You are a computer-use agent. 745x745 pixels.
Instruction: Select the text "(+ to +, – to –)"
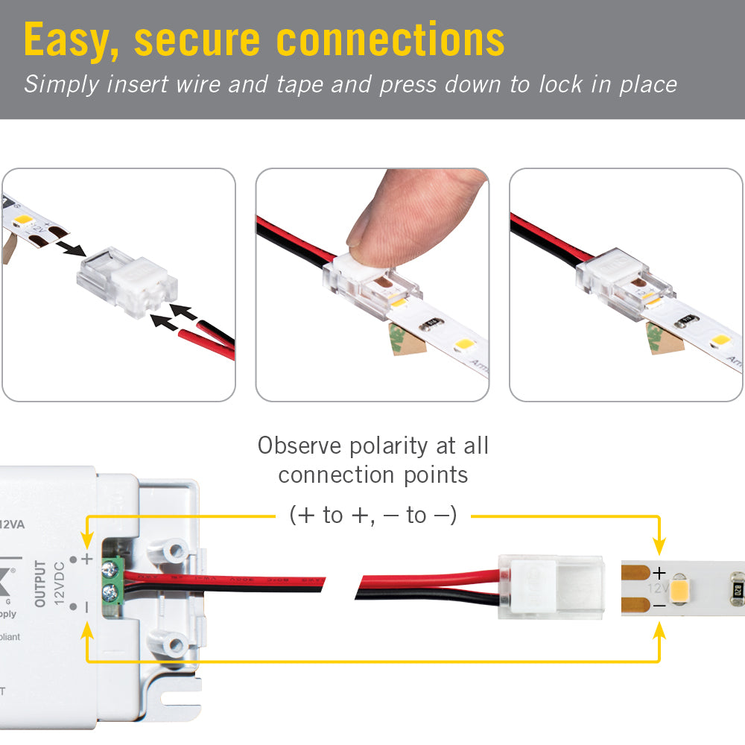[372, 515]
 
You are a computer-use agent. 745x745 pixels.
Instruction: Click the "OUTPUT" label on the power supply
[40, 583]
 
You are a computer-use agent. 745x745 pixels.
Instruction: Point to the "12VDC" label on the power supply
[60, 583]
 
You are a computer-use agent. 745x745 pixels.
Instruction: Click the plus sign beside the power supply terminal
[87, 558]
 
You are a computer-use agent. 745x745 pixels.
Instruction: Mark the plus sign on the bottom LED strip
[659, 572]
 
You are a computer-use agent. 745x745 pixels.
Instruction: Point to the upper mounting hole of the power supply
[176, 551]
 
